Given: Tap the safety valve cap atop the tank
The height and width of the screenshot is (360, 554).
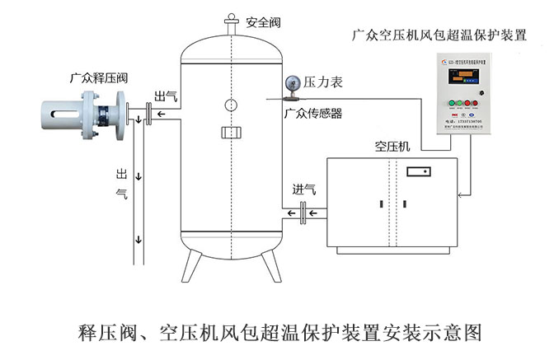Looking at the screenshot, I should click(231, 20).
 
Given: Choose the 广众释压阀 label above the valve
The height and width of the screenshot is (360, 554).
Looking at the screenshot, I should click(99, 78).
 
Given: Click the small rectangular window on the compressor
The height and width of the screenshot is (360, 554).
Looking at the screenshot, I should click(419, 172).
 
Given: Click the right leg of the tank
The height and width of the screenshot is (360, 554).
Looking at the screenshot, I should click(270, 264).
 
